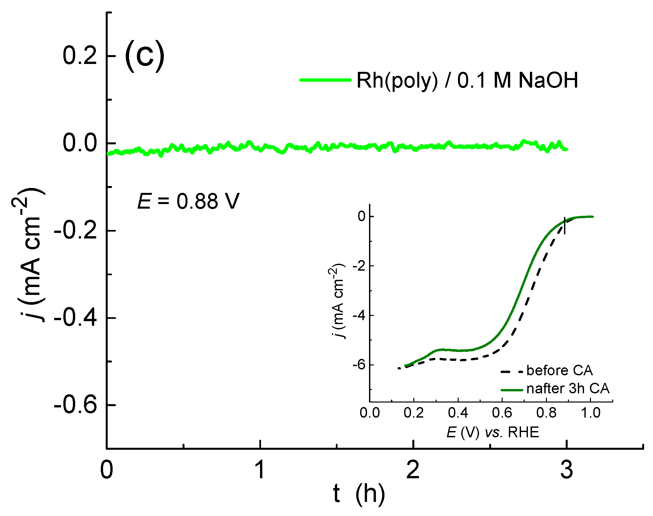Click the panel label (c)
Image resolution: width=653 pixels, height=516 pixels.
[144, 56]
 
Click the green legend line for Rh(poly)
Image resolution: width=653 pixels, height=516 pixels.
[325, 80]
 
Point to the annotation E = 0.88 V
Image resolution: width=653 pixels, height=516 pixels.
[188, 201]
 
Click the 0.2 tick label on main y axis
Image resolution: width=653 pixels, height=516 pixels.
[80, 55]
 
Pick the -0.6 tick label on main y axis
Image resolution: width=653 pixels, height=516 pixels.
[76, 405]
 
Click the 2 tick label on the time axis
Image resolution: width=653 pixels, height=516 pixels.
[413, 470]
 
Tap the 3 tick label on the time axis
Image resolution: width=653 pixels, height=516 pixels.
[566, 470]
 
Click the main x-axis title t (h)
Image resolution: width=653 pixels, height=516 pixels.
[359, 494]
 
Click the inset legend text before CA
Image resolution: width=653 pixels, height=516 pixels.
[559, 370]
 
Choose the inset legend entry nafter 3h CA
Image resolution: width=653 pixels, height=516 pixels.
[568, 388]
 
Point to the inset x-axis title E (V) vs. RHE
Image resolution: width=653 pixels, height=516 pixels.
[492, 432]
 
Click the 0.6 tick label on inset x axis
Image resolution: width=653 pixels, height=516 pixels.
[502, 413]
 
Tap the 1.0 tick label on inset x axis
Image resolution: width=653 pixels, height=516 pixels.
[590, 413]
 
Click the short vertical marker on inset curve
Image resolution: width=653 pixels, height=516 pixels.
[565, 226]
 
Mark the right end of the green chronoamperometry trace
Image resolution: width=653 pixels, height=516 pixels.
[566, 149]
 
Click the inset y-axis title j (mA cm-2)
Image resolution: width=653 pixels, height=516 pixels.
[337, 300]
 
